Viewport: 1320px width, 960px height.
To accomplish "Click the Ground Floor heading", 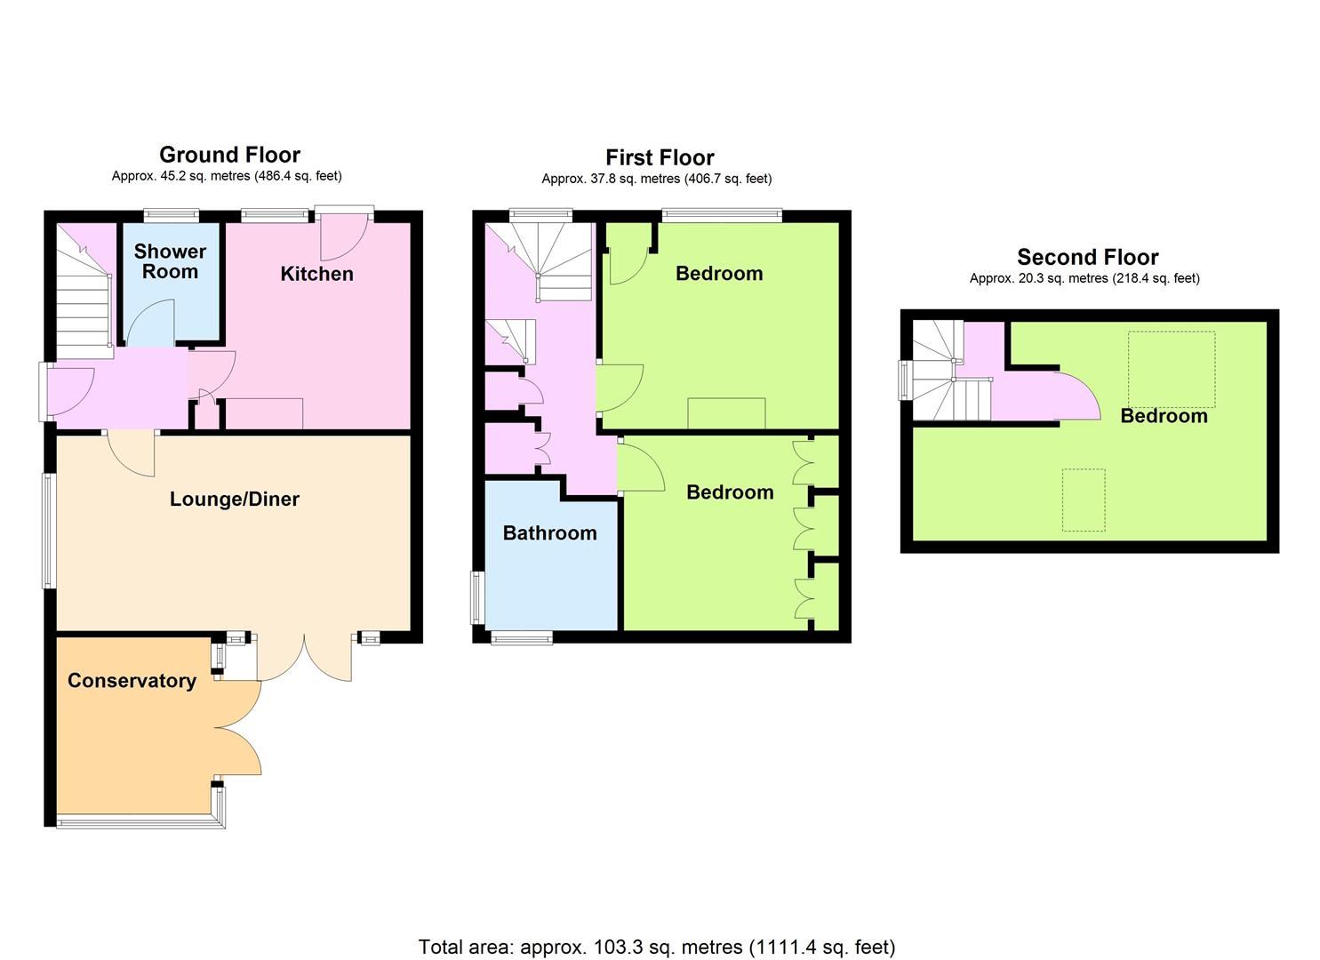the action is pyautogui.click(x=230, y=155).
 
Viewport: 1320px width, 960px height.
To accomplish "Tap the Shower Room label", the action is pyautogui.click(x=170, y=261).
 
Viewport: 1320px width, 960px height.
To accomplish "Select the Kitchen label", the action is pyautogui.click(x=317, y=274).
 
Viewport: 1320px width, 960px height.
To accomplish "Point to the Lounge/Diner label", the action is pyautogui.click(x=235, y=500).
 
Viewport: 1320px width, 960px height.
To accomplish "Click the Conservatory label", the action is pyautogui.click(x=132, y=681).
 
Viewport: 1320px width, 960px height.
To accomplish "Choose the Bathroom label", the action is pyautogui.click(x=550, y=533).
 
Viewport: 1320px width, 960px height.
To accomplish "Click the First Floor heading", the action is pyautogui.click(x=660, y=158).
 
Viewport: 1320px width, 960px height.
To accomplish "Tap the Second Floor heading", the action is pyautogui.click(x=1088, y=258).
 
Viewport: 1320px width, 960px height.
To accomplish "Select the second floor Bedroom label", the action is pyautogui.click(x=1164, y=416).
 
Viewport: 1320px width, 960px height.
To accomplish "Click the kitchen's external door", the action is pyautogui.click(x=344, y=236).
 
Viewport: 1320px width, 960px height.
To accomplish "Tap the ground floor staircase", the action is pyautogui.click(x=83, y=291).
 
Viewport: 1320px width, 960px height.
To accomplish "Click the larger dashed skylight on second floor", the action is pyautogui.click(x=1172, y=369).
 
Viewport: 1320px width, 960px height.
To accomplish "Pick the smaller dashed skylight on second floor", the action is pyautogui.click(x=1084, y=500).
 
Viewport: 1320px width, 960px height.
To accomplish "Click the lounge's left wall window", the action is pyautogui.click(x=48, y=531).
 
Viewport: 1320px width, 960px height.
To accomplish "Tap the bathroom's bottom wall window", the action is pyautogui.click(x=522, y=637).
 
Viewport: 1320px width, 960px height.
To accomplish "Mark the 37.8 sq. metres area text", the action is pyautogui.click(x=657, y=179).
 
